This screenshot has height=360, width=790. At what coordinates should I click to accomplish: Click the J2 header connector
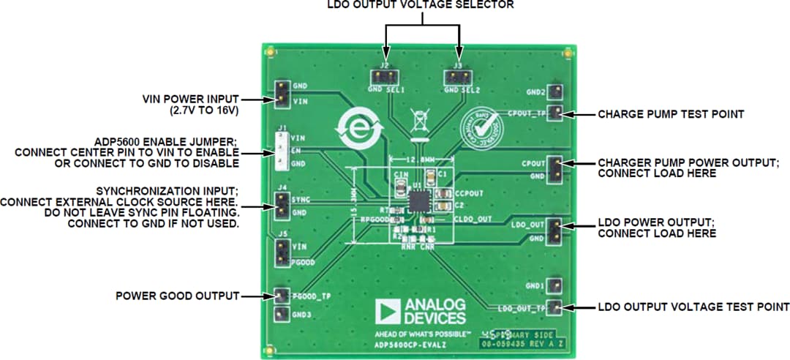383,75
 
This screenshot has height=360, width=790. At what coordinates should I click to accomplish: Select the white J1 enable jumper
280,151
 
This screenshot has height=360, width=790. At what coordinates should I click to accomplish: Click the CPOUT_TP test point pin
556,113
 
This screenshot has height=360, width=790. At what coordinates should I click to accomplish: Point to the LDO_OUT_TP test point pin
556,307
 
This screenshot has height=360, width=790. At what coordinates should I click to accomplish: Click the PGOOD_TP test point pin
280,296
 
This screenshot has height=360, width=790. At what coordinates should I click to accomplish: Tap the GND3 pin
280,315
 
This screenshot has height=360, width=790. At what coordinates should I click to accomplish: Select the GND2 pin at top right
556,93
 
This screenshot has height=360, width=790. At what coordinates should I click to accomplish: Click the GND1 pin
556,285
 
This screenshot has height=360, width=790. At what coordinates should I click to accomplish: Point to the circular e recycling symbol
354,130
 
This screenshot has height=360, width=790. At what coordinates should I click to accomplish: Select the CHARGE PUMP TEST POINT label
671,114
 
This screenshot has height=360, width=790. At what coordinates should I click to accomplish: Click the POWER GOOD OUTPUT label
178,296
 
